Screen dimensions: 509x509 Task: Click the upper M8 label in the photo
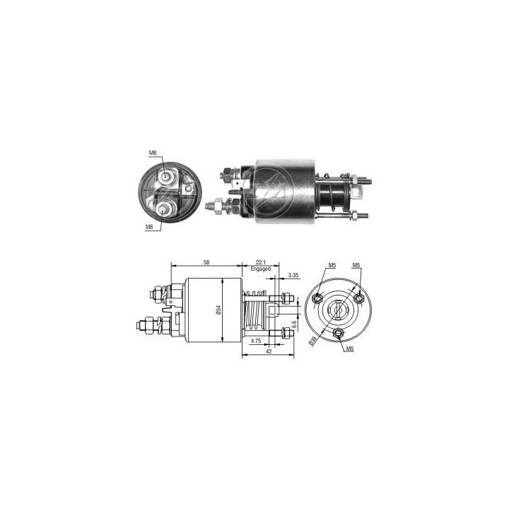tap(152, 153)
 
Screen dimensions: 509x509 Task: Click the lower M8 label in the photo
tap(150, 227)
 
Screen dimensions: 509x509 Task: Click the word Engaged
tap(261, 269)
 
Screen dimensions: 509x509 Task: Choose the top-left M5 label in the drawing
tap(333, 266)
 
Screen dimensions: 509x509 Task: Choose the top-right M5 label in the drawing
tap(357, 266)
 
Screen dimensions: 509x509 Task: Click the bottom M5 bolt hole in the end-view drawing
tap(337, 333)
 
